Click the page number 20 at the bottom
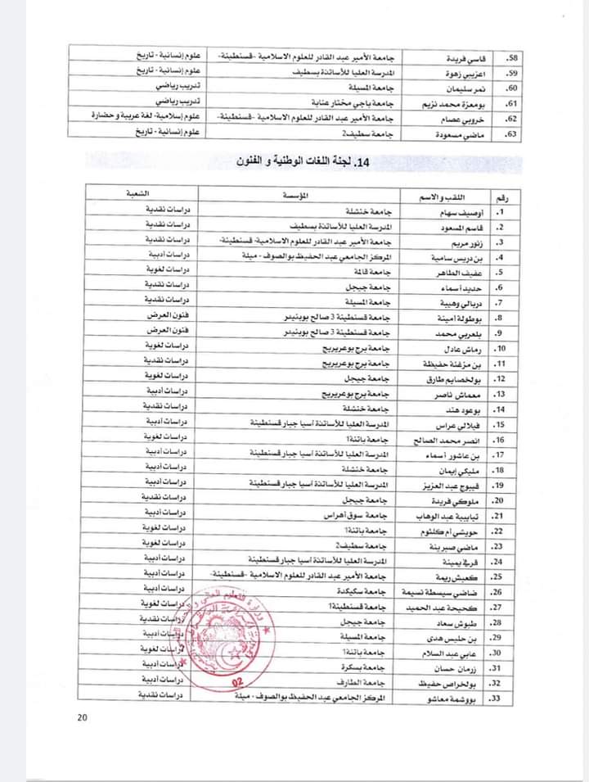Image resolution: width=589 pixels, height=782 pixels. coord(83,718)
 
